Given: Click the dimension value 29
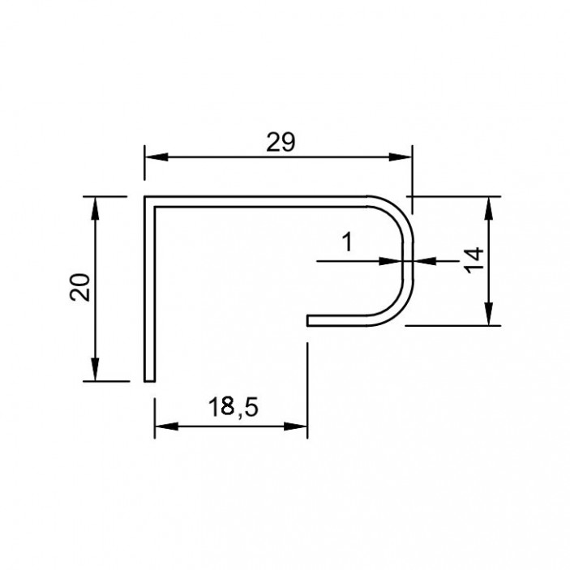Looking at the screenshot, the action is (x=281, y=142).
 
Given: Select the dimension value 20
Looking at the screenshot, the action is (x=80, y=287).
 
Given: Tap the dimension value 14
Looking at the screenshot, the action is (x=474, y=260).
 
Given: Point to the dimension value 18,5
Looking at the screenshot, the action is (x=234, y=407).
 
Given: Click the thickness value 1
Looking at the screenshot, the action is (x=348, y=242).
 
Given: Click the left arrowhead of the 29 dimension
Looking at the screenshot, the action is (x=156, y=157).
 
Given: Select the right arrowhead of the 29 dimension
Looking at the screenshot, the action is (x=401, y=157).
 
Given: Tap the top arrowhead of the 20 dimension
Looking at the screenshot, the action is (x=95, y=208).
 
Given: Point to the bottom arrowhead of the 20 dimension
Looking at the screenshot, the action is (x=95, y=370).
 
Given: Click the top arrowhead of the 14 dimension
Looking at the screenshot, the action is (x=489, y=208).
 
